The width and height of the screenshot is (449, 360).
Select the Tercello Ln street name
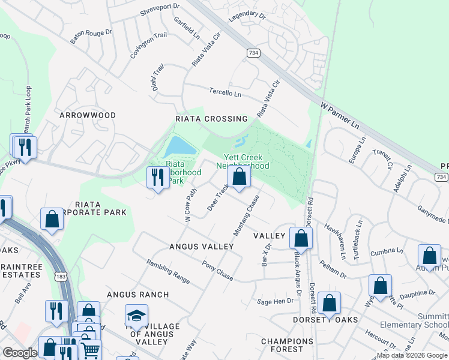pyautogui.click(x=225, y=93)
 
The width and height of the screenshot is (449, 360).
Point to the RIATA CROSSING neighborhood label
pyautogui.click(x=211, y=119)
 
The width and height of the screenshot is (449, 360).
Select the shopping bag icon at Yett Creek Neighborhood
pyautogui.click(x=239, y=177)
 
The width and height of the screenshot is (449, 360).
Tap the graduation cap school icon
pyautogui.click(x=136, y=315)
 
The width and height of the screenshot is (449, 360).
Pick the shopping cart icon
pyautogui.click(x=90, y=349)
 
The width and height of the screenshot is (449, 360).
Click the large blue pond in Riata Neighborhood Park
pyautogui.click(x=179, y=146)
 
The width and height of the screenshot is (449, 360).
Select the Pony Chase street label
pyautogui.click(x=217, y=271)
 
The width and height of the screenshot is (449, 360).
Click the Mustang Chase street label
pyautogui.click(x=246, y=215)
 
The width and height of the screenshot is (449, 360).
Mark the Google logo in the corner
pyautogui.click(x=20, y=353)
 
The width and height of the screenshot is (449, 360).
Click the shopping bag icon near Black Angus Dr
pyautogui.click(x=301, y=238)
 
